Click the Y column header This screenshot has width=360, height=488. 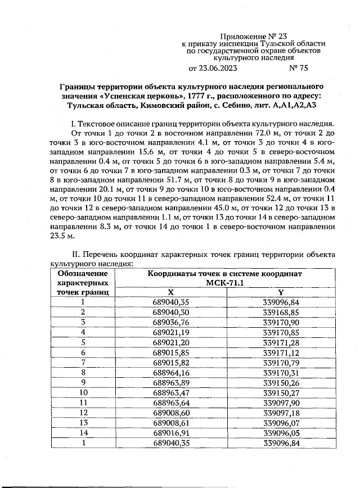tap(280, 292)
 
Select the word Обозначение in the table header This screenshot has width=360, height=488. tap(82, 273)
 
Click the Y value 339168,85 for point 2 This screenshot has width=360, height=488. tap(280, 312)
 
